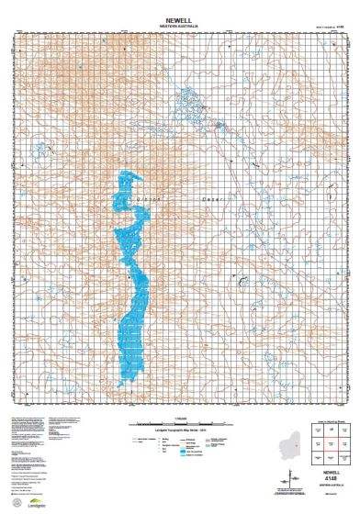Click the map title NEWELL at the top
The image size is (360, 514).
click(180, 18)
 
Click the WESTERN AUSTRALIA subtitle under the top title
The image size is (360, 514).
click(180, 26)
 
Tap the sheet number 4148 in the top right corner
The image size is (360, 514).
click(340, 28)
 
